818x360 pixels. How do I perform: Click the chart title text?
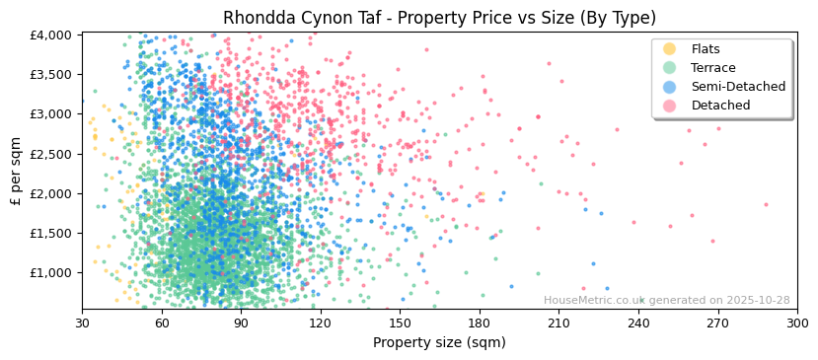point(439,18)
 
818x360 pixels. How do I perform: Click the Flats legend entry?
point(705,49)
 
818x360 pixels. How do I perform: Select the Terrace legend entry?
point(712,68)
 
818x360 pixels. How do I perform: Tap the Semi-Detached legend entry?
point(738,87)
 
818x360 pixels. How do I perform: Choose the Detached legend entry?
point(720,106)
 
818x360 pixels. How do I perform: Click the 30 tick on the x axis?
point(82,324)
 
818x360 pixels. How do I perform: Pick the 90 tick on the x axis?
point(241,324)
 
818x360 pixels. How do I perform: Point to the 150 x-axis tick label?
point(400,324)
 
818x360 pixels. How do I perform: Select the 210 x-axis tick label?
point(558,324)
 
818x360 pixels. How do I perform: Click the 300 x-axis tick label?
point(797,324)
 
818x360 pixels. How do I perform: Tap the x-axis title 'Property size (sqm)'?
point(439,342)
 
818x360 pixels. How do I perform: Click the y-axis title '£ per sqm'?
point(17,172)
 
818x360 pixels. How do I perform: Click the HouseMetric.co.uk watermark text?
point(666,301)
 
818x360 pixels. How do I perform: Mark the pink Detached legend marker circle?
point(670,106)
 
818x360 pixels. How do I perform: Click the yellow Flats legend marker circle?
point(670,49)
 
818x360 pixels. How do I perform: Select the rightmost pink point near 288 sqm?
point(766,205)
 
